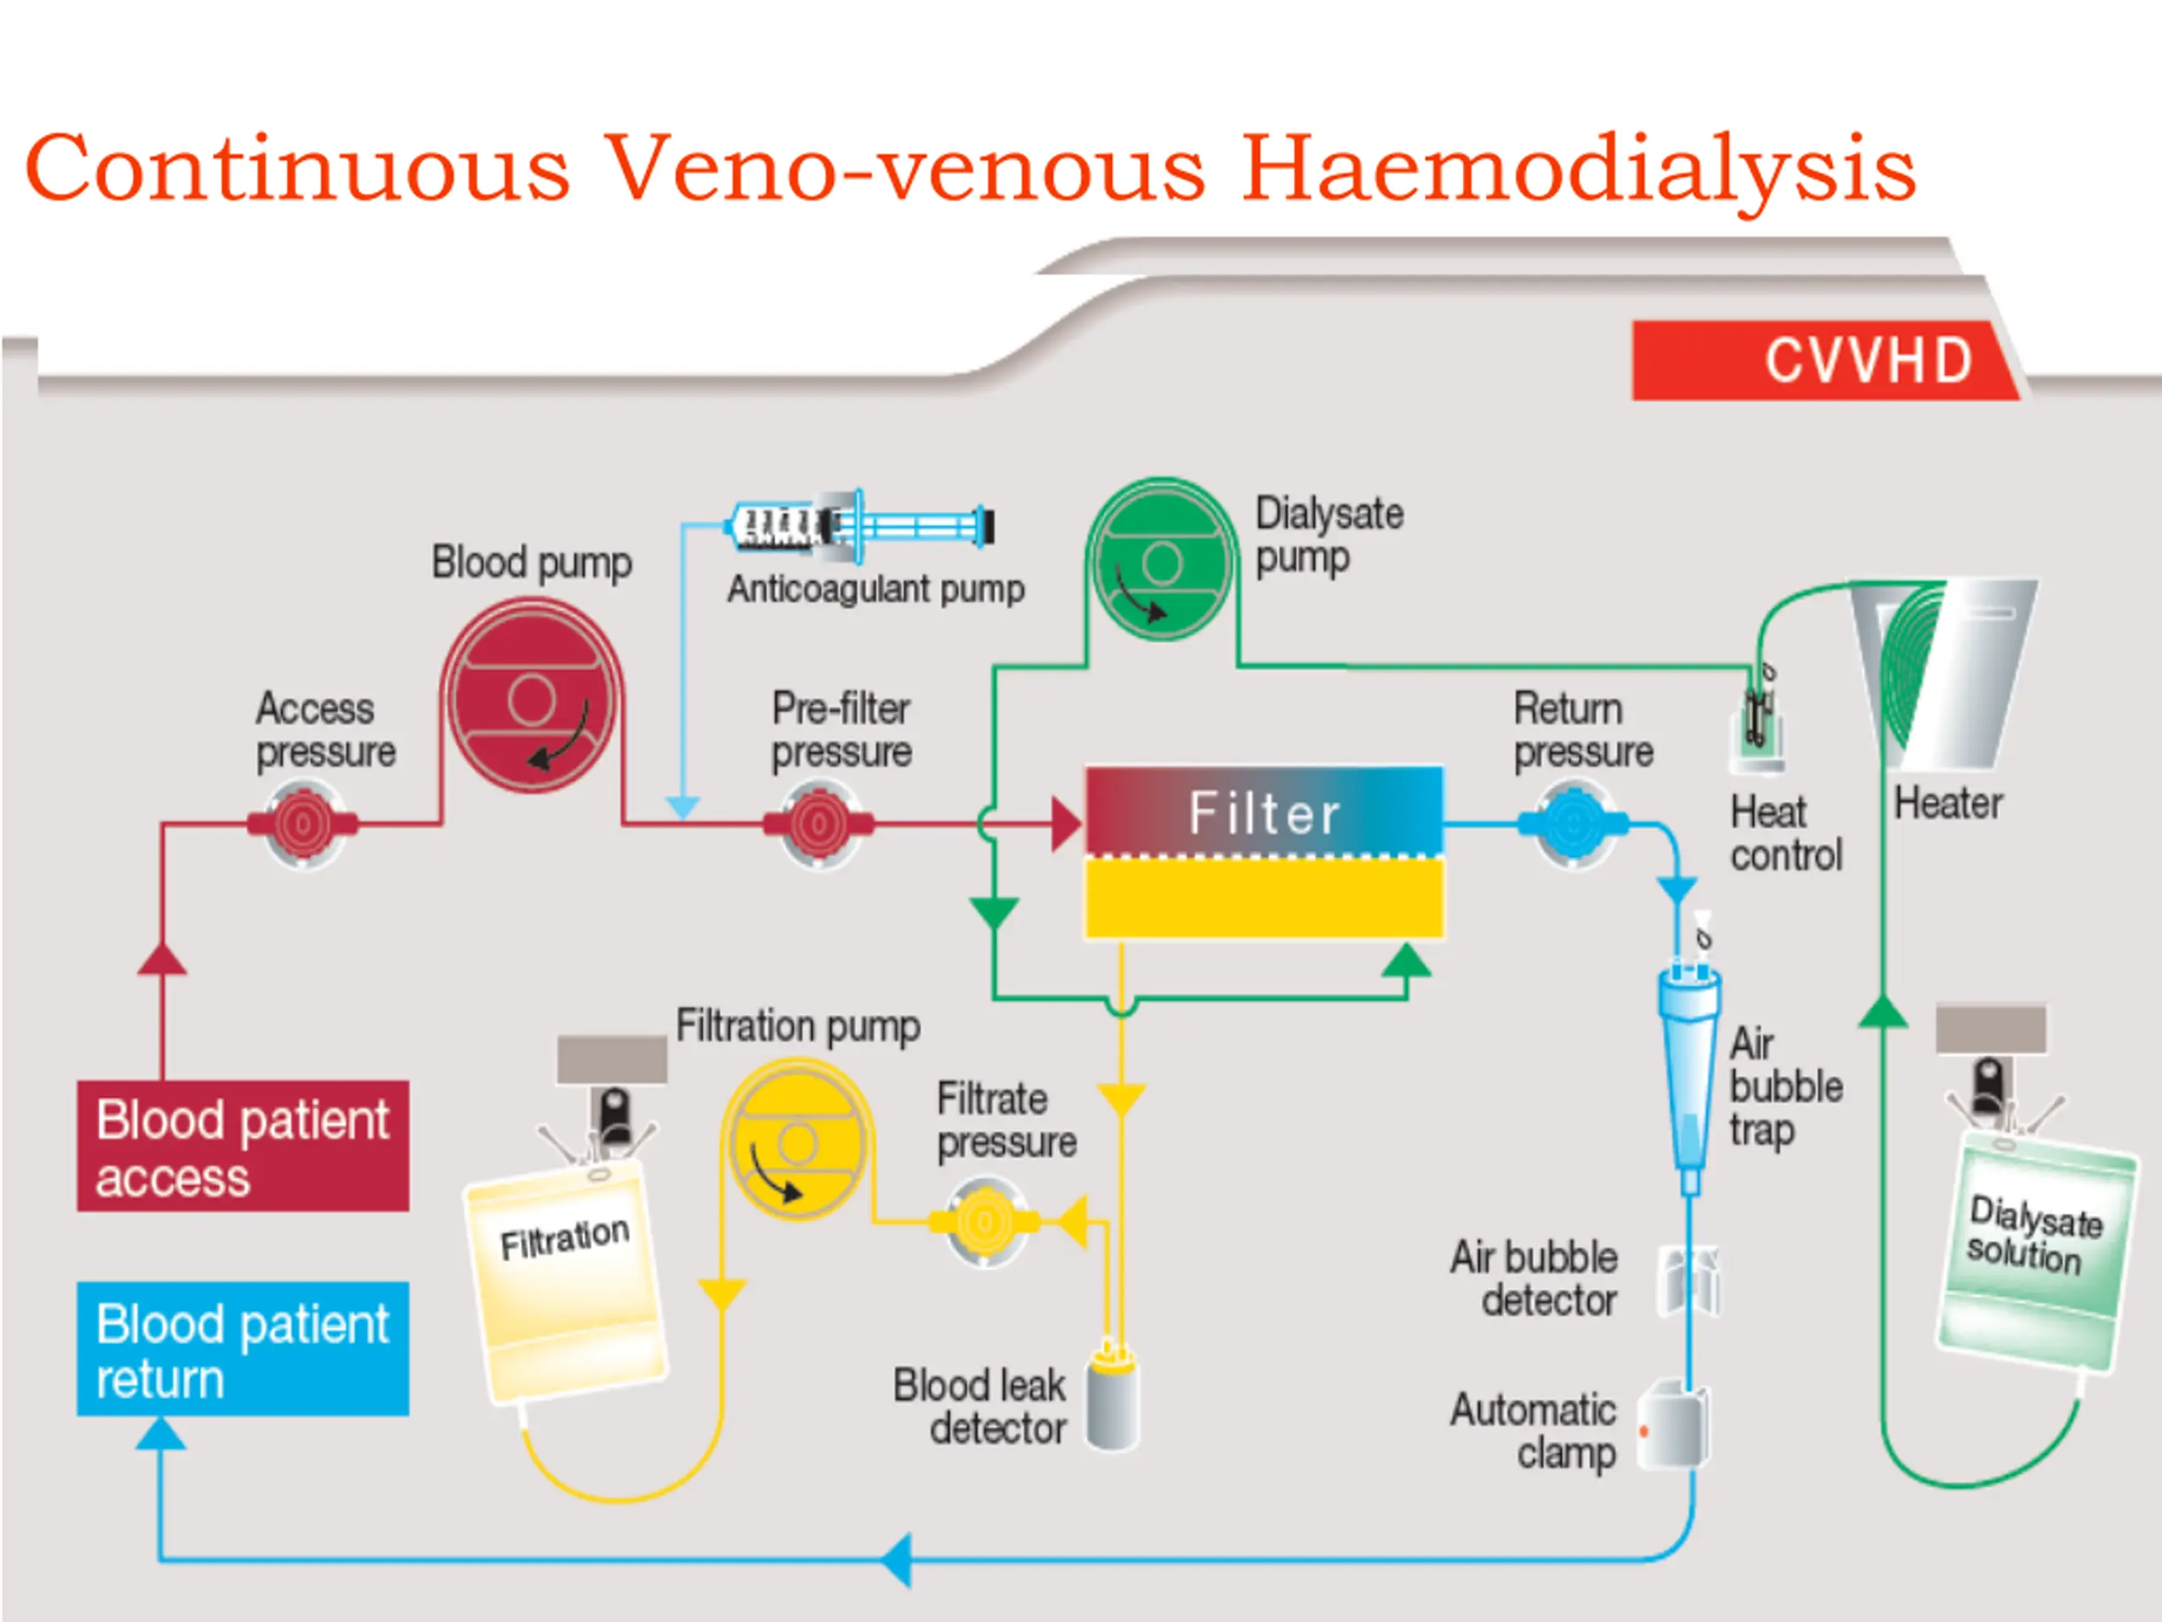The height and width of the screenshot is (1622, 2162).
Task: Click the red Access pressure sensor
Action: click(302, 825)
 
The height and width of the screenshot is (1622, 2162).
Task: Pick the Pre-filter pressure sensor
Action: click(819, 825)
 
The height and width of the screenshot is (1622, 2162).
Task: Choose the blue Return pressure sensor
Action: click(1572, 825)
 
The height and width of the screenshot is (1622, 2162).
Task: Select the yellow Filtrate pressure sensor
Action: click(986, 1221)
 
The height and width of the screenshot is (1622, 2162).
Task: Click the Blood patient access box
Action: click(242, 1146)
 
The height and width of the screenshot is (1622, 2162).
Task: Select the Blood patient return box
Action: click(242, 1349)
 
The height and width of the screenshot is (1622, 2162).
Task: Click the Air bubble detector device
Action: click(1689, 1281)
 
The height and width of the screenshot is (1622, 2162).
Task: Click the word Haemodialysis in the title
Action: click(1578, 168)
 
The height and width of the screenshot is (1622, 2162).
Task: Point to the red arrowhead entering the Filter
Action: click(1065, 825)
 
